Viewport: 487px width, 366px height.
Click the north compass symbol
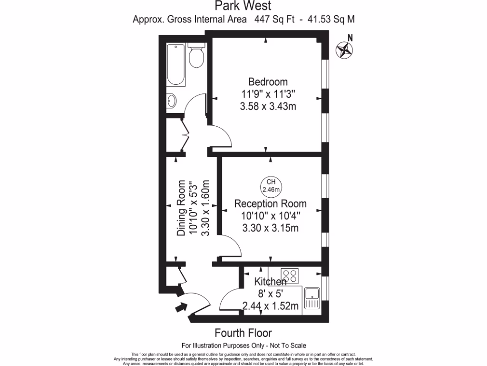pyautogui.click(x=344, y=50)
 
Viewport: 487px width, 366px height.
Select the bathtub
pyautogui.click(x=176, y=65)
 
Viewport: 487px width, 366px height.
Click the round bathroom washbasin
pyautogui.click(x=172, y=101)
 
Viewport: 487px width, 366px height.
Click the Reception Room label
pyautogui.click(x=270, y=203)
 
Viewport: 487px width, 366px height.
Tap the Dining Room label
pyautogui.click(x=181, y=208)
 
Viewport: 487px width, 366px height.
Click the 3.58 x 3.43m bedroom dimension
pyautogui.click(x=268, y=106)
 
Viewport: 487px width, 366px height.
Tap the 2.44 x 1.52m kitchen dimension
pyautogui.click(x=270, y=306)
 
